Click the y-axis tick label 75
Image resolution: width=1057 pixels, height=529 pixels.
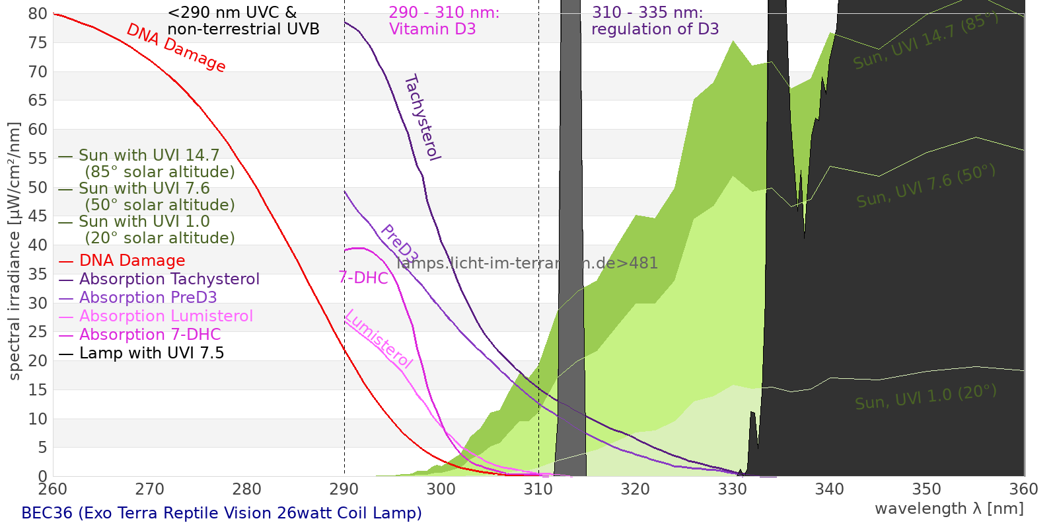(x=38, y=43)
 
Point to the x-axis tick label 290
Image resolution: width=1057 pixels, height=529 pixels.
(x=344, y=489)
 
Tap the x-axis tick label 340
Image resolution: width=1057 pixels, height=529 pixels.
(x=829, y=489)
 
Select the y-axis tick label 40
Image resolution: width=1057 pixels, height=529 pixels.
(x=38, y=245)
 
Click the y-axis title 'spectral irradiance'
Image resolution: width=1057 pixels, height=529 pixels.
(x=15, y=251)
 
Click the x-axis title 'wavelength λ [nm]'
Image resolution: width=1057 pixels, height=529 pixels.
(x=949, y=509)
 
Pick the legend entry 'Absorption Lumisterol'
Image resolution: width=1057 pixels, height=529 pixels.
(x=166, y=316)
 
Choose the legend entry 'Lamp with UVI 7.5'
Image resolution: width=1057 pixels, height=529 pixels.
(x=151, y=353)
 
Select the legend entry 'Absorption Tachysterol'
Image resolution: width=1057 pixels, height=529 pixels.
(x=169, y=279)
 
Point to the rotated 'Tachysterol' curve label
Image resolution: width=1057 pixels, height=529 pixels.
(x=422, y=118)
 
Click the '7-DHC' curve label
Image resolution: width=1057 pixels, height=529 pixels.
(x=363, y=278)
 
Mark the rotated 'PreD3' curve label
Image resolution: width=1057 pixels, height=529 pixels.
(x=400, y=244)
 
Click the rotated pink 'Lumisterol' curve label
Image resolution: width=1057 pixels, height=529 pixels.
(x=379, y=339)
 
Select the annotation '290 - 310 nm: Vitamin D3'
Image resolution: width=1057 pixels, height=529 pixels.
(x=443, y=20)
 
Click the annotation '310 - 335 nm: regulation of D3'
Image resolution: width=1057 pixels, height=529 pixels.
(x=654, y=20)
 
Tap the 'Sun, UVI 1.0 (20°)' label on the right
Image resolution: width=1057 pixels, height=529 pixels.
(x=925, y=397)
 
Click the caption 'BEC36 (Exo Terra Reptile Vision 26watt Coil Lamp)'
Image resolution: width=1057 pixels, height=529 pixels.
(x=221, y=513)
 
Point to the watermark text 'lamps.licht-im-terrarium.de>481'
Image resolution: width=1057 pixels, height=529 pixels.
(x=527, y=263)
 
